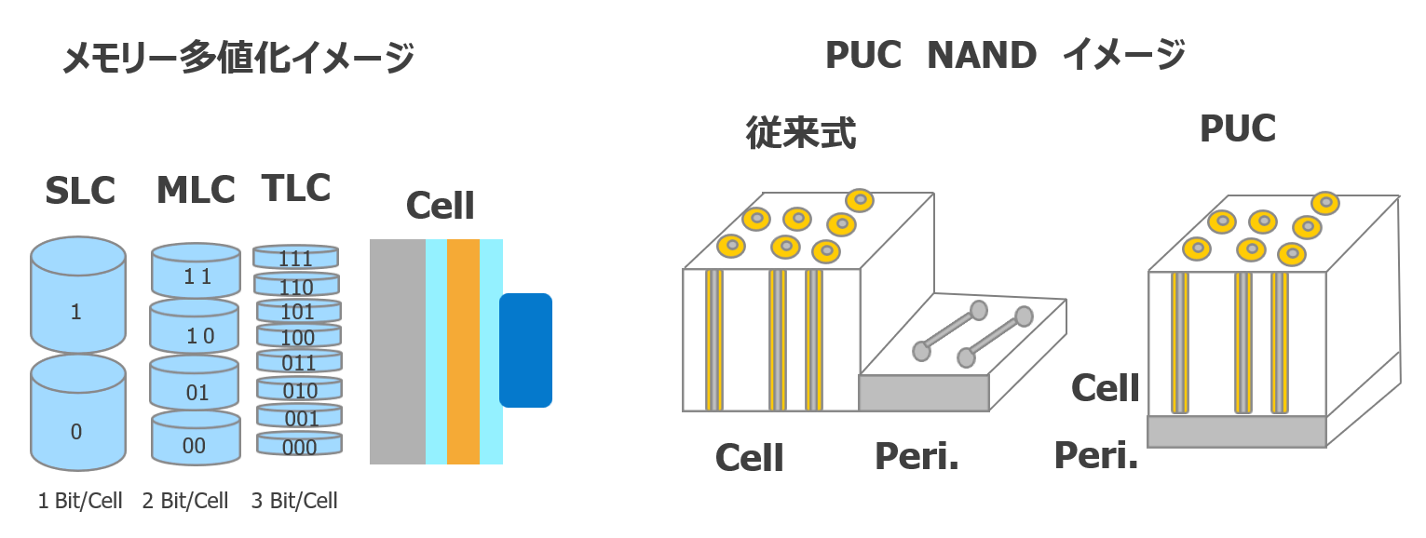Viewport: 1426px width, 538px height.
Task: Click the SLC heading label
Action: pos(79,191)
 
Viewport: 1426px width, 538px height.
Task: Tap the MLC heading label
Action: pos(196,190)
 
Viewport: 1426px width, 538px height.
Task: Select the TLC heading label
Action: pos(296,188)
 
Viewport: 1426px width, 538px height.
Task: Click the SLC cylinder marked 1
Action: pos(78,298)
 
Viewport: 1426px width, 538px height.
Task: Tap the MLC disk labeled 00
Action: pos(196,439)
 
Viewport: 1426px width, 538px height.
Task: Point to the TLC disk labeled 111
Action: pos(296,257)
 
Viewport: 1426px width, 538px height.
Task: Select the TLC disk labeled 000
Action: pos(299,445)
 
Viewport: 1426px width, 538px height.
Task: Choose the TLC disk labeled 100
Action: pos(299,336)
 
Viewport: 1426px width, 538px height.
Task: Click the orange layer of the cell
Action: pos(463,351)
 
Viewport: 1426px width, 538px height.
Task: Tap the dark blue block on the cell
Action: pos(526,350)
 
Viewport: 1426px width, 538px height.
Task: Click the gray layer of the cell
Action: pos(398,351)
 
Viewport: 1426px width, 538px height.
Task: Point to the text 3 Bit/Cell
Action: pos(294,501)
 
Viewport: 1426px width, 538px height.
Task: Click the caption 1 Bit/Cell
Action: pos(80,501)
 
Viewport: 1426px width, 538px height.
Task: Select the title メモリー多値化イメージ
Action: pos(238,60)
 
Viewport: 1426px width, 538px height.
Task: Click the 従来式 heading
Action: pos(801,134)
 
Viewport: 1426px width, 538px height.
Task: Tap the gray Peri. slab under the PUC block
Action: pos(1236,431)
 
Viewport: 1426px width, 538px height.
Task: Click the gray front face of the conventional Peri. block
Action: pos(923,393)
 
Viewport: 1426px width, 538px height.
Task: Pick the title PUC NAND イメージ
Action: pos(1005,56)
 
